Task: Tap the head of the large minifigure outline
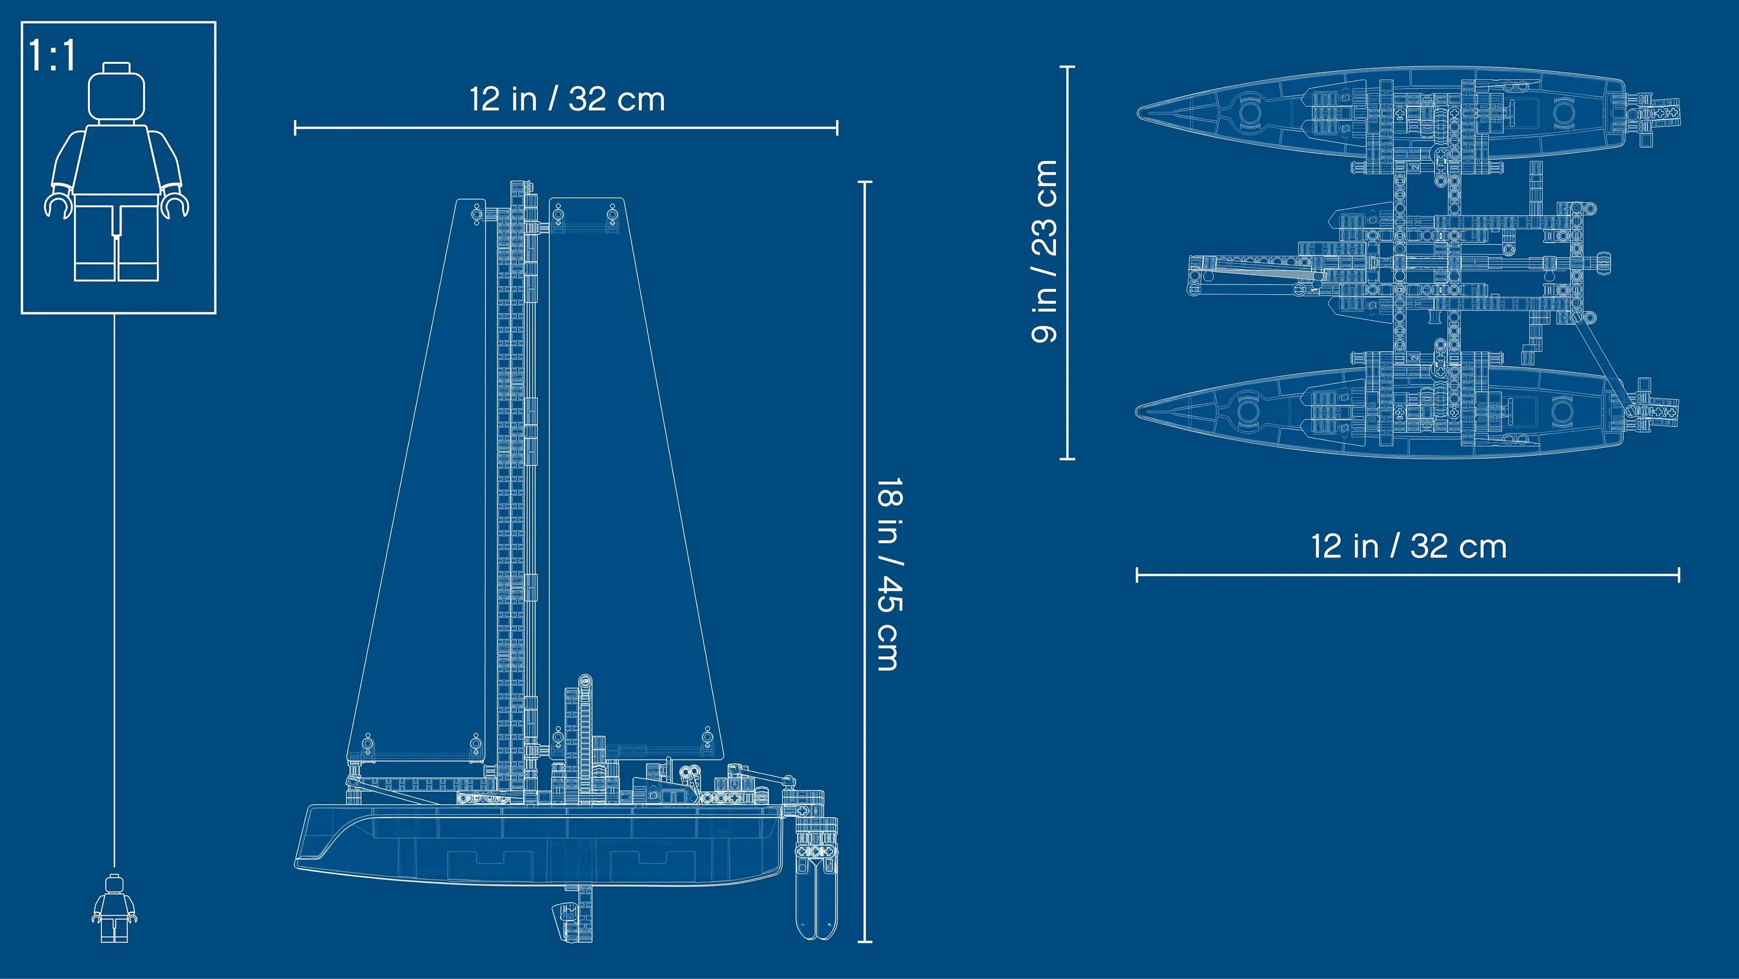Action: click(117, 92)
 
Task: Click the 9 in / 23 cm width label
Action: click(1044, 251)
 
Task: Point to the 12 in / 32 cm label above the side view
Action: click(567, 99)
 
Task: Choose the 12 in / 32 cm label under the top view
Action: click(1409, 546)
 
